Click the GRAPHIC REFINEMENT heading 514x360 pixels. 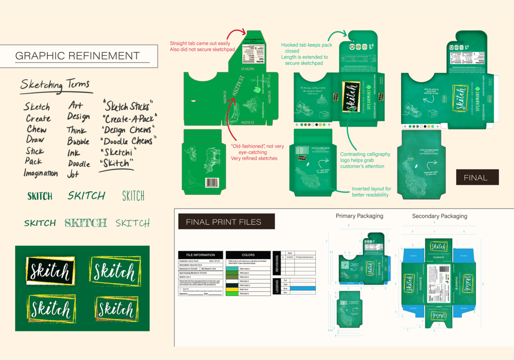tap(77, 56)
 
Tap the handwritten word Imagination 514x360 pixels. tap(40, 173)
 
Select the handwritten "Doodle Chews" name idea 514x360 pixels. tap(128, 141)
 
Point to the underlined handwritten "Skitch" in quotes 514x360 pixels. tap(117, 163)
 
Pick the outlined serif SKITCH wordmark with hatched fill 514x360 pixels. tap(86, 223)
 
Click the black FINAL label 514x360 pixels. tap(476, 177)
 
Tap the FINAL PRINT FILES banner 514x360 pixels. tap(226, 221)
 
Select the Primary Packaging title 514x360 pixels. tap(359, 216)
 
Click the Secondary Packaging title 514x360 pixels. tap(439, 216)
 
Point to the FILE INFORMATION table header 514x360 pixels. tap(200, 255)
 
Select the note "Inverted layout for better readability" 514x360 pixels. tap(371, 192)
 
